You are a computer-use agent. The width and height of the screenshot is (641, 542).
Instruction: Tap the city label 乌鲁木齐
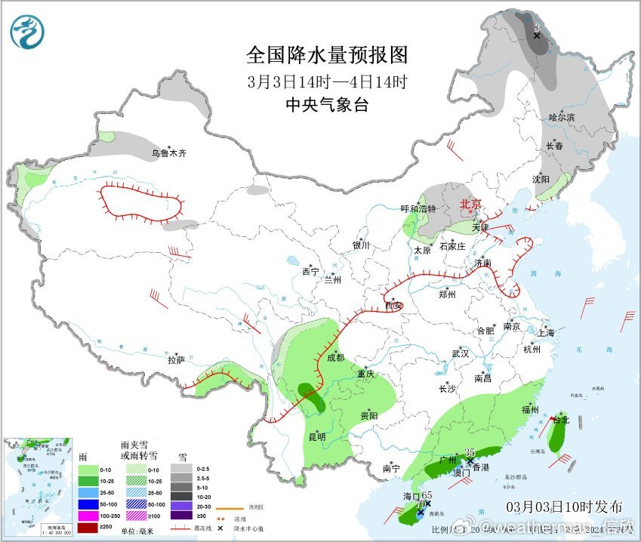[168, 153]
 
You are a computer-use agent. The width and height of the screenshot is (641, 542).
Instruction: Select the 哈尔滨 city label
[561, 117]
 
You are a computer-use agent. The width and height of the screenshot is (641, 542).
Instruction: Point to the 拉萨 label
[176, 360]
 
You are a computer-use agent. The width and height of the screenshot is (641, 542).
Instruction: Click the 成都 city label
[335, 358]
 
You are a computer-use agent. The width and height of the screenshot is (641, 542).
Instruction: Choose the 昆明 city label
[317, 436]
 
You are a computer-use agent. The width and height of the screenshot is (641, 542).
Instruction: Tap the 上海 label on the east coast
[545, 333]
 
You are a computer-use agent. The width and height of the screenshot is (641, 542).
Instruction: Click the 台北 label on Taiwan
[561, 420]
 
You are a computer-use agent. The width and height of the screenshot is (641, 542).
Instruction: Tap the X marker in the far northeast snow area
[536, 35]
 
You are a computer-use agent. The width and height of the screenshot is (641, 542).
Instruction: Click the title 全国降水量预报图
[327, 55]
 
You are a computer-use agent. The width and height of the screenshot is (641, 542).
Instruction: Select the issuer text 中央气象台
[327, 106]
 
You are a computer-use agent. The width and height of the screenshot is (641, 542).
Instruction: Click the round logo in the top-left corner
[27, 32]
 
